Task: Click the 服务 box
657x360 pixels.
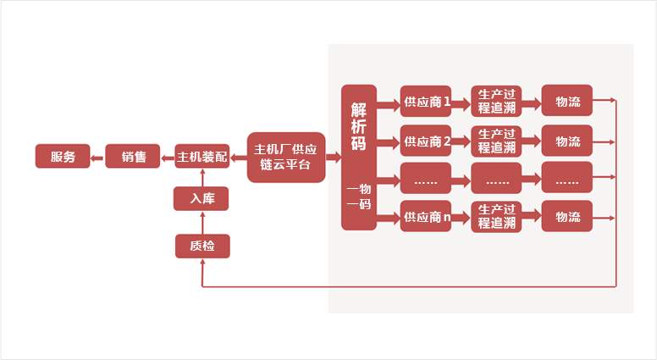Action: click(x=63, y=157)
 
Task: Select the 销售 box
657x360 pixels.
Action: click(x=133, y=157)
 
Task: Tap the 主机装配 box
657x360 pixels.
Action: click(x=202, y=157)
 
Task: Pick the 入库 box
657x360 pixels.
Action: click(x=202, y=199)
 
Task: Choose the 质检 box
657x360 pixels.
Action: click(x=202, y=246)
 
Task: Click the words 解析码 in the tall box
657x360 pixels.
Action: click(x=359, y=126)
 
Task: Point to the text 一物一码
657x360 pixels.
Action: click(x=359, y=197)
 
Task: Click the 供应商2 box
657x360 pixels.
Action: click(x=426, y=141)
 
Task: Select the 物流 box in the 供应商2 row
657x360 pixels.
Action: click(x=567, y=141)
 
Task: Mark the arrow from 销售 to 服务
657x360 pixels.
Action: click(x=97, y=157)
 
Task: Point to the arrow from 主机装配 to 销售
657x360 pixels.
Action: click(x=167, y=157)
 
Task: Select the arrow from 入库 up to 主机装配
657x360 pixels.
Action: click(x=202, y=177)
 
